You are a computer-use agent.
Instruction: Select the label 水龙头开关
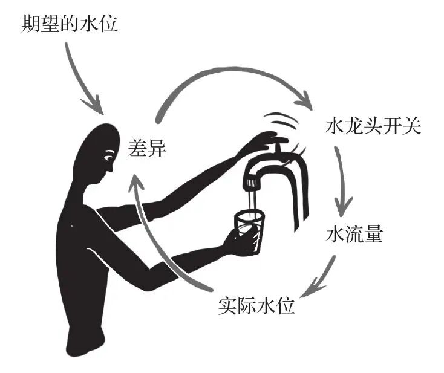pyautogui.click(x=369, y=128)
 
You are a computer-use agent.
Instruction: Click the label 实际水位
pyautogui.click(x=256, y=305)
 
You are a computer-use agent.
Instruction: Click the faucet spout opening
pyautogui.click(x=250, y=181)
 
